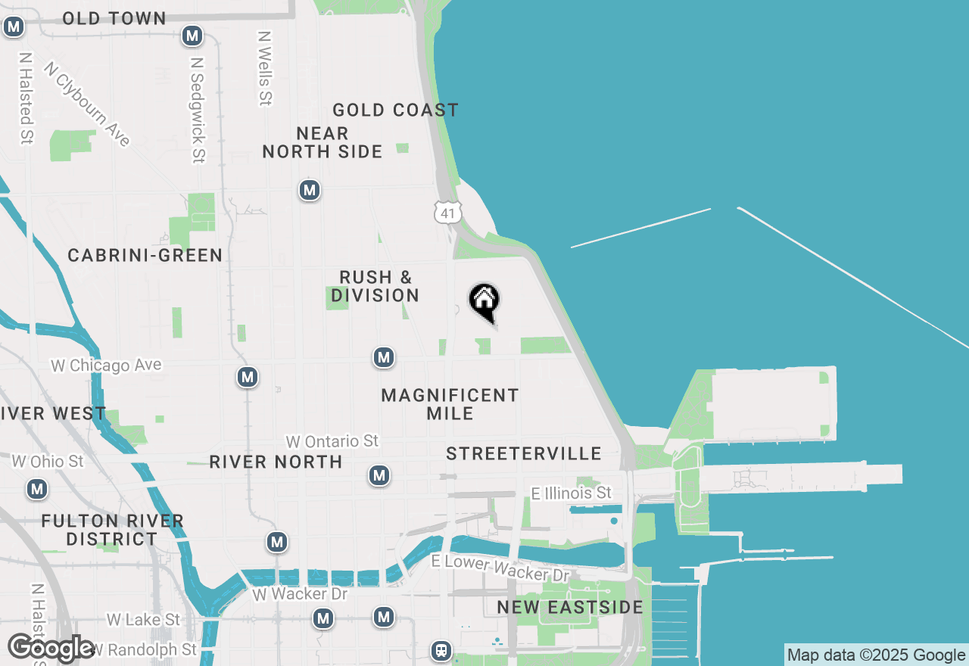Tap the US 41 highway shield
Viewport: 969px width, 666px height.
(x=447, y=213)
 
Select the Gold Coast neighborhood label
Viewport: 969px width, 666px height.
(x=395, y=110)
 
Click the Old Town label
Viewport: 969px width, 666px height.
(x=114, y=19)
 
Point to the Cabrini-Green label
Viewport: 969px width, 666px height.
(x=145, y=256)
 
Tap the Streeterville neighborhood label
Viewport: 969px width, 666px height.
(x=524, y=454)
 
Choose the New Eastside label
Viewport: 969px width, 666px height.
(x=570, y=608)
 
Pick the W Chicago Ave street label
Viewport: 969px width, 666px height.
(x=106, y=366)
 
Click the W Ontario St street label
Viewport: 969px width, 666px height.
(x=332, y=441)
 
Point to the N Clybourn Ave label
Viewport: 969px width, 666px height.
(x=87, y=103)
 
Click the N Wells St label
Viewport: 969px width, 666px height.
(x=264, y=68)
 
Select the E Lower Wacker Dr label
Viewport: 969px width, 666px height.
(x=500, y=568)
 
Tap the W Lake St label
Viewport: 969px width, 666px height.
(x=143, y=620)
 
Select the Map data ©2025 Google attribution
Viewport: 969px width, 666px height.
(x=876, y=655)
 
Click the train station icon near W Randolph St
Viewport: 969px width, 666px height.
(x=441, y=650)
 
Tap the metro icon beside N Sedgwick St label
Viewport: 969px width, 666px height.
(x=192, y=36)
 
